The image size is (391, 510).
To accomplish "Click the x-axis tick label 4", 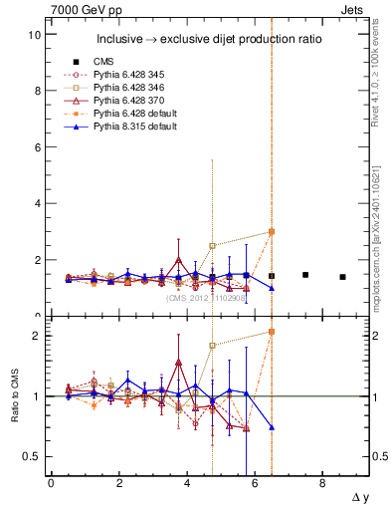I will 187,483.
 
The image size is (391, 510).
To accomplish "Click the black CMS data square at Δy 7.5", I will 305,275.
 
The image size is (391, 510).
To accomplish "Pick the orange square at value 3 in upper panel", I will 272,231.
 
